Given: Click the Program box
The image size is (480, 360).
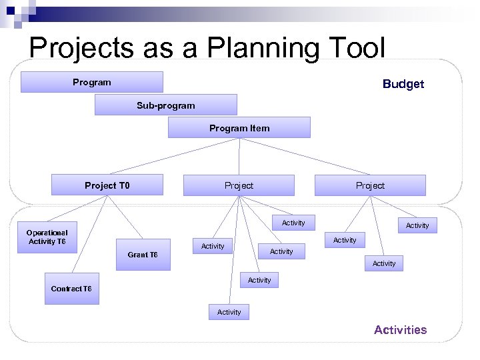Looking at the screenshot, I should [92, 82].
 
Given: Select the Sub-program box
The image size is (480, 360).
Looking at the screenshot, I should [165, 105].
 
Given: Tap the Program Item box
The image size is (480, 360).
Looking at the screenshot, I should [239, 128].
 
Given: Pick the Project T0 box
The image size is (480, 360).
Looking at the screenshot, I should [107, 185].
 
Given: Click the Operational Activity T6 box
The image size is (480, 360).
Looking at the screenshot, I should [47, 237].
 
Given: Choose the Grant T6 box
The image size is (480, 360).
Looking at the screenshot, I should [143, 255].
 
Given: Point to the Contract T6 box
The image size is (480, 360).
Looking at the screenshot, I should [71, 289].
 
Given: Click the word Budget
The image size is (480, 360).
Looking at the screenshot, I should [403, 84].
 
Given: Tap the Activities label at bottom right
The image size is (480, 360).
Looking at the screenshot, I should [400, 330].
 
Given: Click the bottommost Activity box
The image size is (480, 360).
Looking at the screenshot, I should [229, 312].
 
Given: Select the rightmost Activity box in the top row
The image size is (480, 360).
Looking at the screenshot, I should [417, 225].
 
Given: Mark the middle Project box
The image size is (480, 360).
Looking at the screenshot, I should [239, 185].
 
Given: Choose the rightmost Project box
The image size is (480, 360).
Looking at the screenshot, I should [370, 185].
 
